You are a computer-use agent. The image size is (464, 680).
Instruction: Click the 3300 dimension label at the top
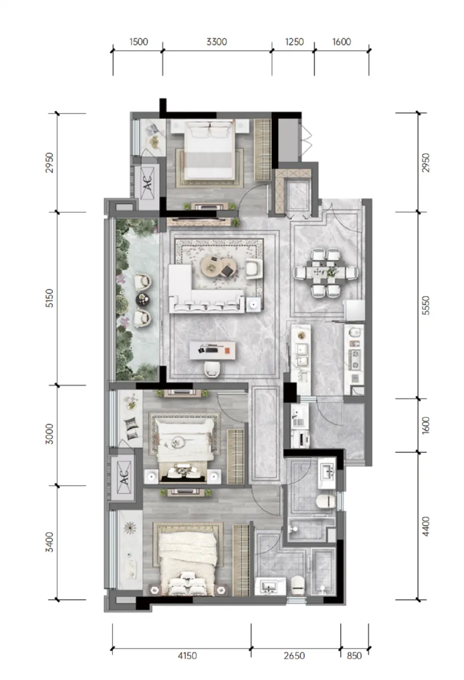click(x=216, y=42)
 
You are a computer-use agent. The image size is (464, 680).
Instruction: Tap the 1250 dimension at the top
click(x=294, y=42)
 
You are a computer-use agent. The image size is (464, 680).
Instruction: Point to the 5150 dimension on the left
click(x=49, y=298)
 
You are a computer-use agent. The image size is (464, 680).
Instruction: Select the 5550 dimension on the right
click(x=426, y=306)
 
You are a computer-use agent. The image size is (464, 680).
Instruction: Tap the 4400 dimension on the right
click(x=426, y=526)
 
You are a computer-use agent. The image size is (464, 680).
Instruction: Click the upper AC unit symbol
click(x=147, y=183)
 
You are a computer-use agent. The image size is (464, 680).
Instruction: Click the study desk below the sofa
click(x=212, y=351)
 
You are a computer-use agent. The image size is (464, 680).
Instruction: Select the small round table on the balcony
click(x=142, y=299)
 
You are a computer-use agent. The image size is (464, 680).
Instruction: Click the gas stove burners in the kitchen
click(x=355, y=359)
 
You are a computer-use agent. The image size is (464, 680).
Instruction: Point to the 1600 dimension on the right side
click(x=426, y=425)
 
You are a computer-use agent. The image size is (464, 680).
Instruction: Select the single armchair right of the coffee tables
click(x=254, y=268)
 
